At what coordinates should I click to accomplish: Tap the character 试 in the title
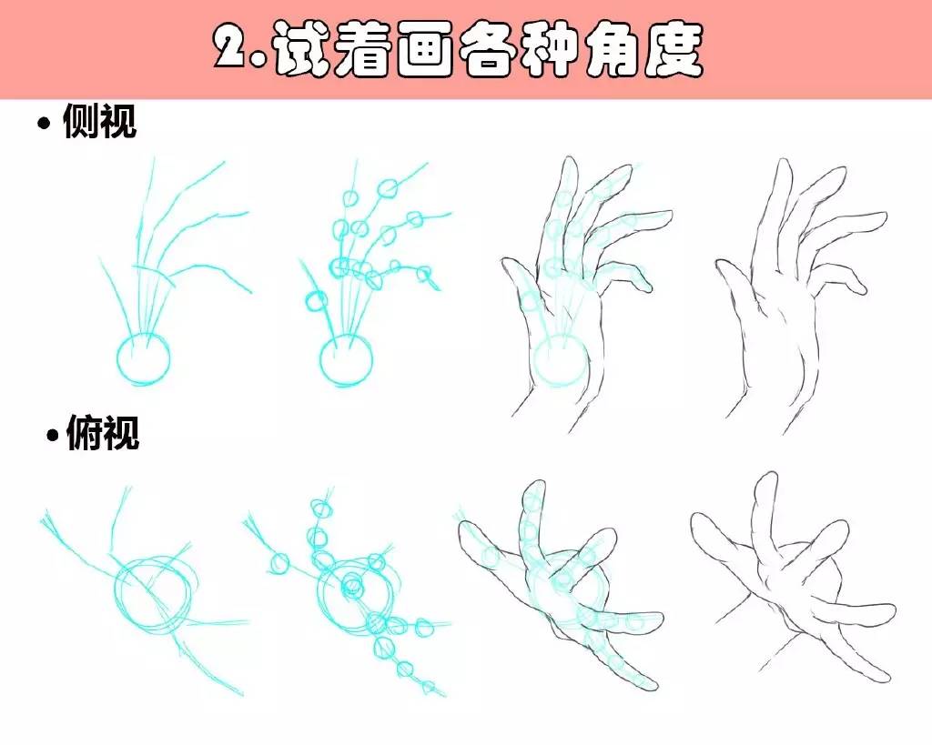(303, 49)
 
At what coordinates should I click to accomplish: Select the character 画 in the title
(427, 49)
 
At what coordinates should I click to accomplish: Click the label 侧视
(99, 121)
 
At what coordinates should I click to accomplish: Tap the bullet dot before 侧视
(44, 124)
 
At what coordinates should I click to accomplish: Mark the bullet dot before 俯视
(54, 435)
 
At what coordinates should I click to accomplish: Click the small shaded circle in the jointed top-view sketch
(352, 587)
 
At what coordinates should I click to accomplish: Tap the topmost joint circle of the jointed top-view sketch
(323, 508)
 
